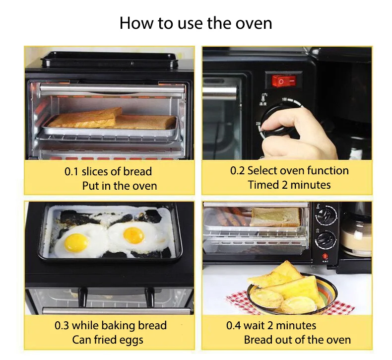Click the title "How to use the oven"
coord(196,23)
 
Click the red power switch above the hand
coord(283,79)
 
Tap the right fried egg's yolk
coord(133,235)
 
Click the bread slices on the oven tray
coord(112,120)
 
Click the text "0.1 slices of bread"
coord(108,172)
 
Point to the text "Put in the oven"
coord(119,186)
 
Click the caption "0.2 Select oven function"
coord(289,171)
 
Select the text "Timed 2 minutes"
coord(289,185)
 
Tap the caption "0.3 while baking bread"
coord(110,326)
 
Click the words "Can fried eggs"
coord(108,340)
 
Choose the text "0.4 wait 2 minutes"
coord(271,326)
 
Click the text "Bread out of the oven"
coord(297,340)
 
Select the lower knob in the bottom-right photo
coord(326,239)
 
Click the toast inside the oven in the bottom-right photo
coord(275,217)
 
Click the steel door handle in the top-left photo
coord(112,88)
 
